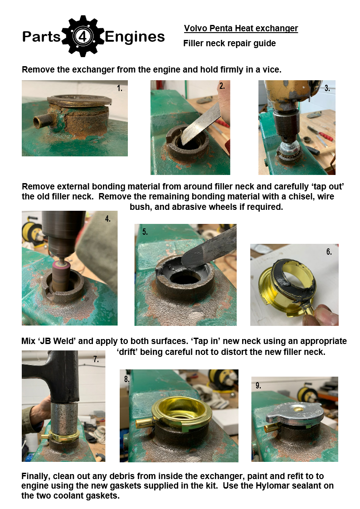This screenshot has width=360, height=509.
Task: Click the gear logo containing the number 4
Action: (83, 36)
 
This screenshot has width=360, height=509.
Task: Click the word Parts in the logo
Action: (42, 36)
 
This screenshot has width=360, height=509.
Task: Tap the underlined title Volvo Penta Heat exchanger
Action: (241, 29)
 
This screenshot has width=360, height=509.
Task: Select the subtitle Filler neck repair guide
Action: (229, 43)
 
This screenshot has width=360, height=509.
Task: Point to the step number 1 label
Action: (120, 88)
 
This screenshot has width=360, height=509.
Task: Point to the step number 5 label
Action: (145, 232)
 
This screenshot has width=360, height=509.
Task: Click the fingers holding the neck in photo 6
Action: (321, 315)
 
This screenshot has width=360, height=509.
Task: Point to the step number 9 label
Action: (258, 385)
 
